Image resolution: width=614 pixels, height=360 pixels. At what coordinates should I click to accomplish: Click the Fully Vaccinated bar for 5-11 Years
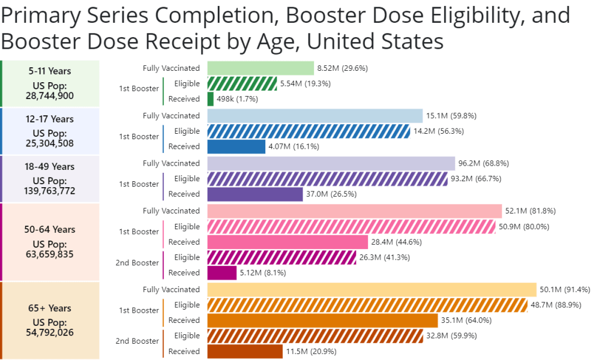pyautogui.click(x=260, y=68)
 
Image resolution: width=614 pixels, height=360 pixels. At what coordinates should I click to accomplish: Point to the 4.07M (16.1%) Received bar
pyautogui.click(x=236, y=146)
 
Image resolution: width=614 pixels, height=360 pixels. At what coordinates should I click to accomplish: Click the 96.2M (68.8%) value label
pyautogui.click(x=481, y=163)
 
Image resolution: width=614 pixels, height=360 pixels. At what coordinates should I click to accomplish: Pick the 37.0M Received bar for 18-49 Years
pyautogui.click(x=255, y=194)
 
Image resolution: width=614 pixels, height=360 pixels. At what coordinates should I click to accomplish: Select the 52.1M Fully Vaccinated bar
pyautogui.click(x=354, y=211)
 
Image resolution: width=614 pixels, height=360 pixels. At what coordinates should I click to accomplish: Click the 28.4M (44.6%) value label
pyautogui.click(x=396, y=242)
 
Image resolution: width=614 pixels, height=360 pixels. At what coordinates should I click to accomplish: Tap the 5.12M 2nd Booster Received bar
pyautogui.click(x=221, y=273)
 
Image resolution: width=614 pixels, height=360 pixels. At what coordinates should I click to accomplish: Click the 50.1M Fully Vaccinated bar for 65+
pyautogui.click(x=372, y=290)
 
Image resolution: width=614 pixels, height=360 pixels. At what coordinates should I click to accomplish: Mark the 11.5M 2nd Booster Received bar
pyautogui.click(x=245, y=351)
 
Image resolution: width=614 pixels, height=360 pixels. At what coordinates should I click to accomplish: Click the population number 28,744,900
pyautogui.click(x=50, y=95)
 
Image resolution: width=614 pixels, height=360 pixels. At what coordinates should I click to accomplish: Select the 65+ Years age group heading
pyautogui.click(x=50, y=308)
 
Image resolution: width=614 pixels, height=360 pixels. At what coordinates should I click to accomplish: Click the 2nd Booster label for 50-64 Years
pyautogui.click(x=137, y=263)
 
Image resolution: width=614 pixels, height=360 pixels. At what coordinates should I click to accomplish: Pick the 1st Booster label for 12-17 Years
pyautogui.click(x=139, y=137)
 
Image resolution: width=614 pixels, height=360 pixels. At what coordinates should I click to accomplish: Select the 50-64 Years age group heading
pyautogui.click(x=50, y=229)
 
